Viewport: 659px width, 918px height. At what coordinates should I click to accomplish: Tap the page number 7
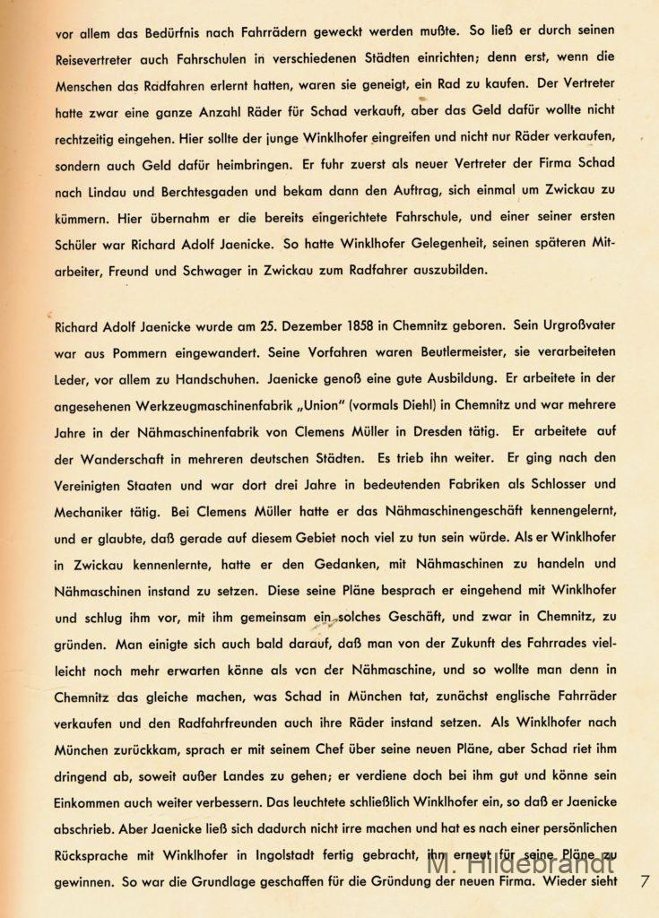tap(645, 881)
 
